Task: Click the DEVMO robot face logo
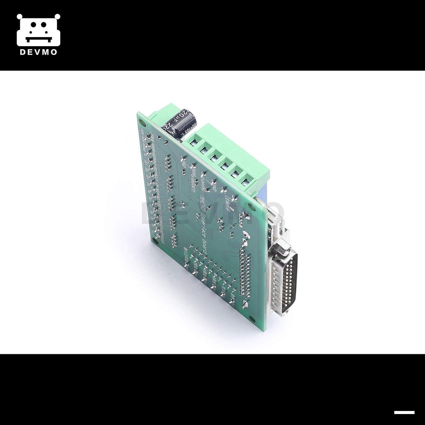click(39, 30)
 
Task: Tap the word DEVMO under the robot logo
click(39, 52)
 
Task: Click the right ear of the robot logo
click(58, 17)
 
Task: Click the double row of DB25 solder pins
click(246, 275)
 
